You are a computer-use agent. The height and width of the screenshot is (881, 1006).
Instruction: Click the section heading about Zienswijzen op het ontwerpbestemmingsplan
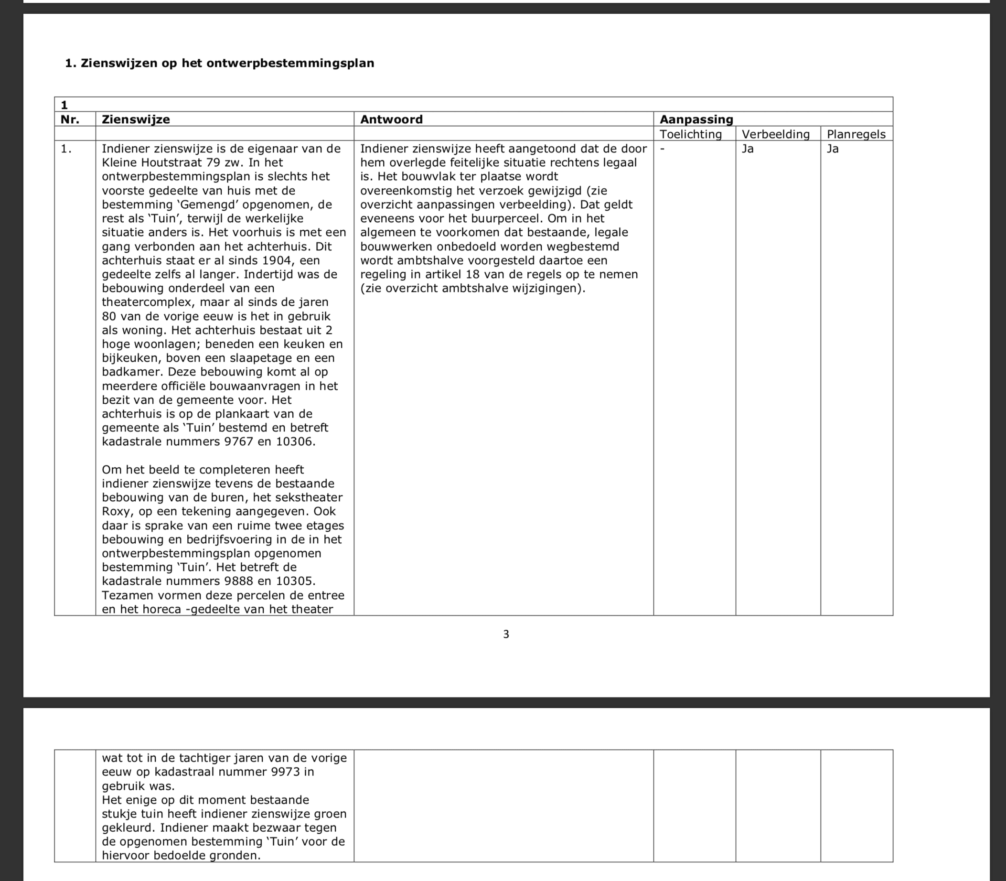pyautogui.click(x=219, y=63)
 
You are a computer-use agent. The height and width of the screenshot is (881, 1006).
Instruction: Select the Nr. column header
pyautogui.click(x=70, y=119)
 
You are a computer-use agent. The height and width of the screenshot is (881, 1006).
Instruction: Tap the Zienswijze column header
pyautogui.click(x=136, y=119)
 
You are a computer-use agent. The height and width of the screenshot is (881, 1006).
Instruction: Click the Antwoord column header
pyautogui.click(x=391, y=119)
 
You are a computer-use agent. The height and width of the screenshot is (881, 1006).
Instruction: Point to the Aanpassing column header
pyautogui.click(x=696, y=119)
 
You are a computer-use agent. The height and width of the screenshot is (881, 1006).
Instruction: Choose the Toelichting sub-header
pyautogui.click(x=690, y=134)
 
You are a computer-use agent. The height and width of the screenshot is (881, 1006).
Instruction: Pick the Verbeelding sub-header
pyautogui.click(x=775, y=134)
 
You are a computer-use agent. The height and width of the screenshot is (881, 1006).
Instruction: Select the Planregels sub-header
pyautogui.click(x=856, y=134)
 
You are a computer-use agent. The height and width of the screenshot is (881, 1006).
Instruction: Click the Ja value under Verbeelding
pyautogui.click(x=748, y=149)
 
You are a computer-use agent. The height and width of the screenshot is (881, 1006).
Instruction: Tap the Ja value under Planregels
pyautogui.click(x=833, y=149)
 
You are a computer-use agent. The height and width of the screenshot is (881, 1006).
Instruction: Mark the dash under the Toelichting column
pyautogui.click(x=663, y=149)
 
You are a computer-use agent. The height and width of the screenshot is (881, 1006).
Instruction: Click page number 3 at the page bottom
pyautogui.click(x=506, y=634)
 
